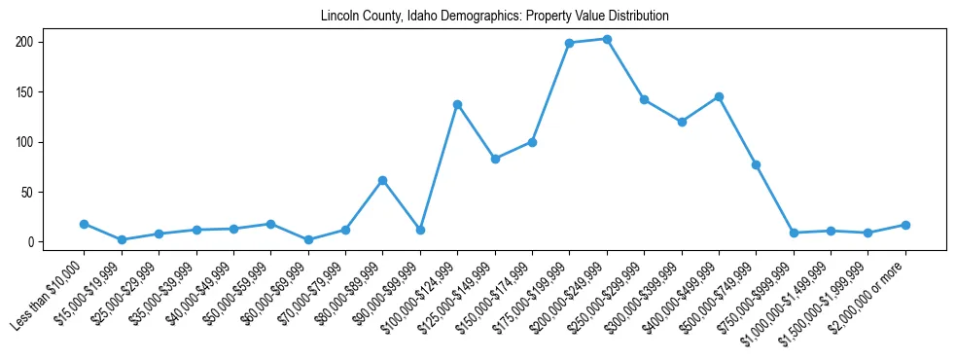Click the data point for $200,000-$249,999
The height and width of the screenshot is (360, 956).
(x=607, y=39)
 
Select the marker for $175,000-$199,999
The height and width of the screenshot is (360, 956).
(x=569, y=43)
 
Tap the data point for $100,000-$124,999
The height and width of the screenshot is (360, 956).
(x=457, y=104)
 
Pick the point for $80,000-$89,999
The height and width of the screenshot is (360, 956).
(x=382, y=180)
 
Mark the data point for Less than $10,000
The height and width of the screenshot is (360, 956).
(x=84, y=224)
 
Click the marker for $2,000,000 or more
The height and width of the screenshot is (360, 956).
(x=905, y=225)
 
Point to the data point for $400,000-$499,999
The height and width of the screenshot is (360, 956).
(x=719, y=96)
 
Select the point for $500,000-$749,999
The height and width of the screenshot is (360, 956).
(x=756, y=164)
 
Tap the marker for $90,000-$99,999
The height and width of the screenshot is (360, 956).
(x=420, y=230)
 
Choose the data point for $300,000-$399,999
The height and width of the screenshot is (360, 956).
(x=682, y=122)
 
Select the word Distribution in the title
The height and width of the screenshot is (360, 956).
(x=636, y=17)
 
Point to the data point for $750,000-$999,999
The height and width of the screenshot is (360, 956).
(x=794, y=233)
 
